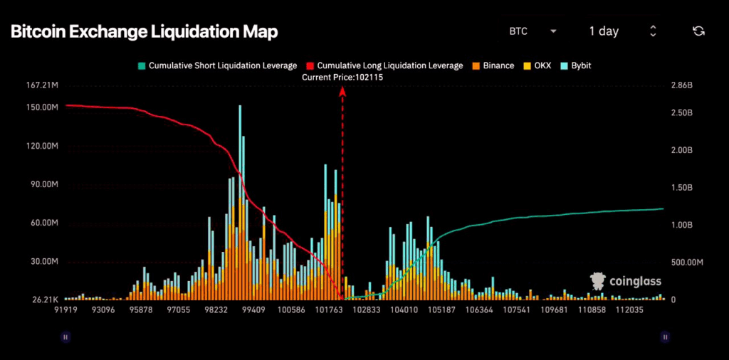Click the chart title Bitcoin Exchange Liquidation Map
click(x=143, y=32)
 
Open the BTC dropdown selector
click(x=533, y=31)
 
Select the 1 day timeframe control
click(x=622, y=31)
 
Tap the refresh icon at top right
click(x=698, y=31)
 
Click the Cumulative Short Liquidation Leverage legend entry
click(x=217, y=65)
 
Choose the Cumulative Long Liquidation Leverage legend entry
click(x=384, y=65)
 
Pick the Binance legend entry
click(x=492, y=65)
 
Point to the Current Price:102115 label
click(x=342, y=78)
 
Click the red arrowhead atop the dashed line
click(x=342, y=90)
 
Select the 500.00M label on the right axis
click(x=688, y=262)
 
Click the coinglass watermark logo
click(x=627, y=281)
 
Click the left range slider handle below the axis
click(x=65, y=337)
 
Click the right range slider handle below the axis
click(x=665, y=337)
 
